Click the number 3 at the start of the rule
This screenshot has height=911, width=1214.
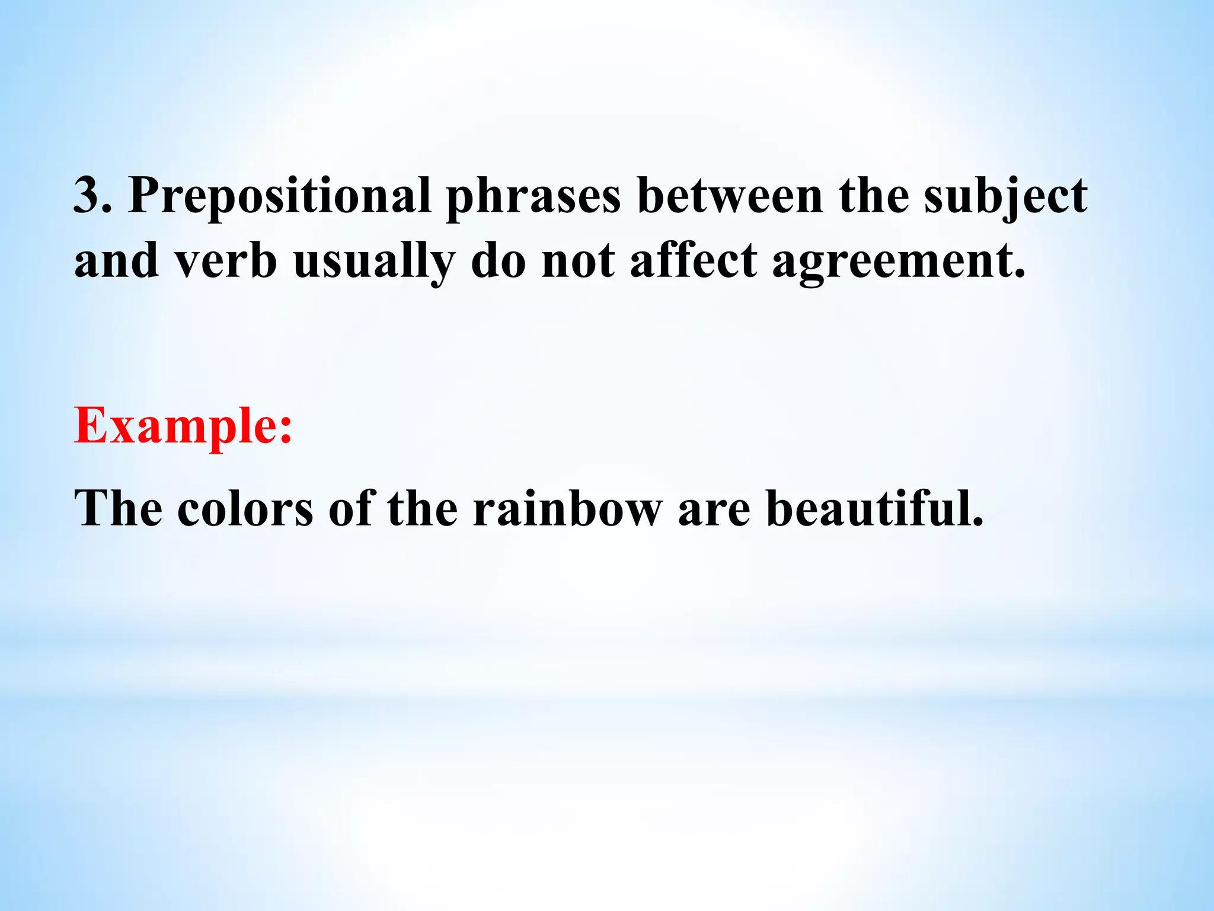click(87, 195)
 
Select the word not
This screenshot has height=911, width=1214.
click(578, 262)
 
